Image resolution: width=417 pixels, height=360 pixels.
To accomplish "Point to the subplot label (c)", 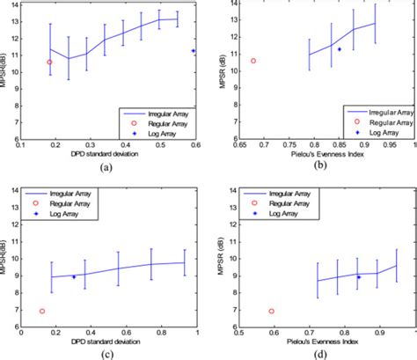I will pyautogui.click(x=106, y=354).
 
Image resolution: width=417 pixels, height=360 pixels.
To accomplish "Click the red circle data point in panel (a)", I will pyautogui.click(x=49, y=62).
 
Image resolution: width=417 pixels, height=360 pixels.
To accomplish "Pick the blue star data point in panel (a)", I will pyautogui.click(x=194, y=51).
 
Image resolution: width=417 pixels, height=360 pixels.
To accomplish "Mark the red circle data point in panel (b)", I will pyautogui.click(x=253, y=61).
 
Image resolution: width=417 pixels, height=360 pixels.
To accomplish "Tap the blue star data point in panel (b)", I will pyautogui.click(x=340, y=49).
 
